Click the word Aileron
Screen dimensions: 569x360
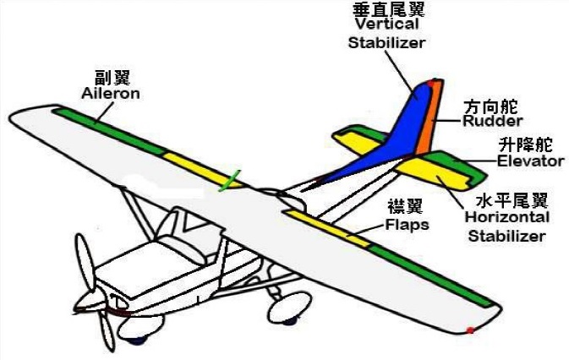[110, 93]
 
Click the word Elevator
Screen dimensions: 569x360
[530, 161]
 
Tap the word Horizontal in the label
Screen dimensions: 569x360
[507, 217]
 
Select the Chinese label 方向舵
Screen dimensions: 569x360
[492, 106]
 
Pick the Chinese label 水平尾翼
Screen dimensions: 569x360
[512, 200]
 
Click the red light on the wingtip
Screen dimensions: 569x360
[471, 330]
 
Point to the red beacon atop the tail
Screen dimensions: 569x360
[432, 83]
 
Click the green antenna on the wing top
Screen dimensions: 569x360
[228, 181]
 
